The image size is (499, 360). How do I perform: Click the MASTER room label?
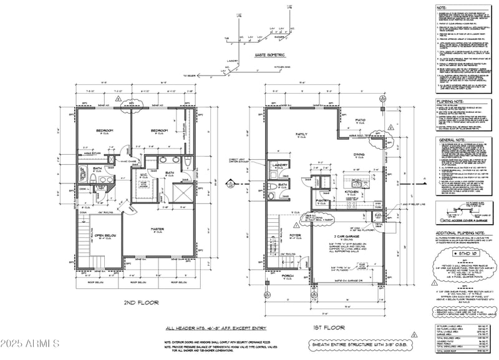tap(158, 229)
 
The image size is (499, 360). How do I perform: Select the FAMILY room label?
tap(301, 134)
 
